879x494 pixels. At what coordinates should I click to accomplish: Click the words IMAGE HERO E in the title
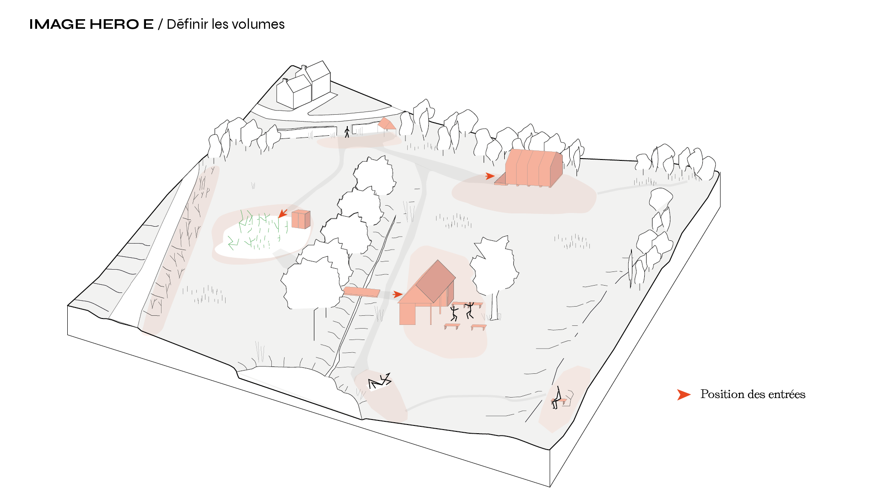point(92,24)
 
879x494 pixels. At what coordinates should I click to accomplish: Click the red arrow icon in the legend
point(684,395)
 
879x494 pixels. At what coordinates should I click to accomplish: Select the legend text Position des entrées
point(753,394)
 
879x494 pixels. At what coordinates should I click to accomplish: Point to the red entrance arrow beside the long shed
point(490,176)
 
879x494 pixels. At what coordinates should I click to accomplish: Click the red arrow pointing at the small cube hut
point(283,213)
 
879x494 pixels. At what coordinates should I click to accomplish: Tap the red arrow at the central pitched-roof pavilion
point(398,295)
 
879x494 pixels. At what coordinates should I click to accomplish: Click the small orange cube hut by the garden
point(301,219)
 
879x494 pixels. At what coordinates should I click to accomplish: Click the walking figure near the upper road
point(347,132)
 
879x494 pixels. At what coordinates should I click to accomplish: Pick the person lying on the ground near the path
point(380,381)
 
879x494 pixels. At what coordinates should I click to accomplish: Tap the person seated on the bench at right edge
point(557,398)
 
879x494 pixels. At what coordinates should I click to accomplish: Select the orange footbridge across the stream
point(361,292)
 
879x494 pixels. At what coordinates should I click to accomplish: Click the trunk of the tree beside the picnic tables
point(495,306)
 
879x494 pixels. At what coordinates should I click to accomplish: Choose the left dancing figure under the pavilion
point(454,313)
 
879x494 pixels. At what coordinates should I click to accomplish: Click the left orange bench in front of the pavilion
point(452,326)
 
